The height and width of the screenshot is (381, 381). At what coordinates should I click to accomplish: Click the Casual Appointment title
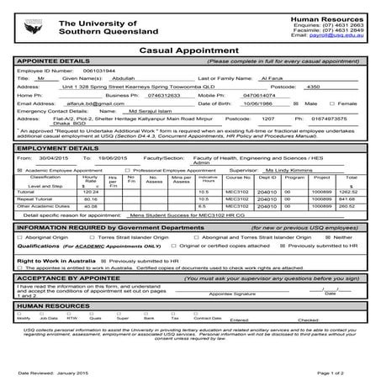coord(190,50)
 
